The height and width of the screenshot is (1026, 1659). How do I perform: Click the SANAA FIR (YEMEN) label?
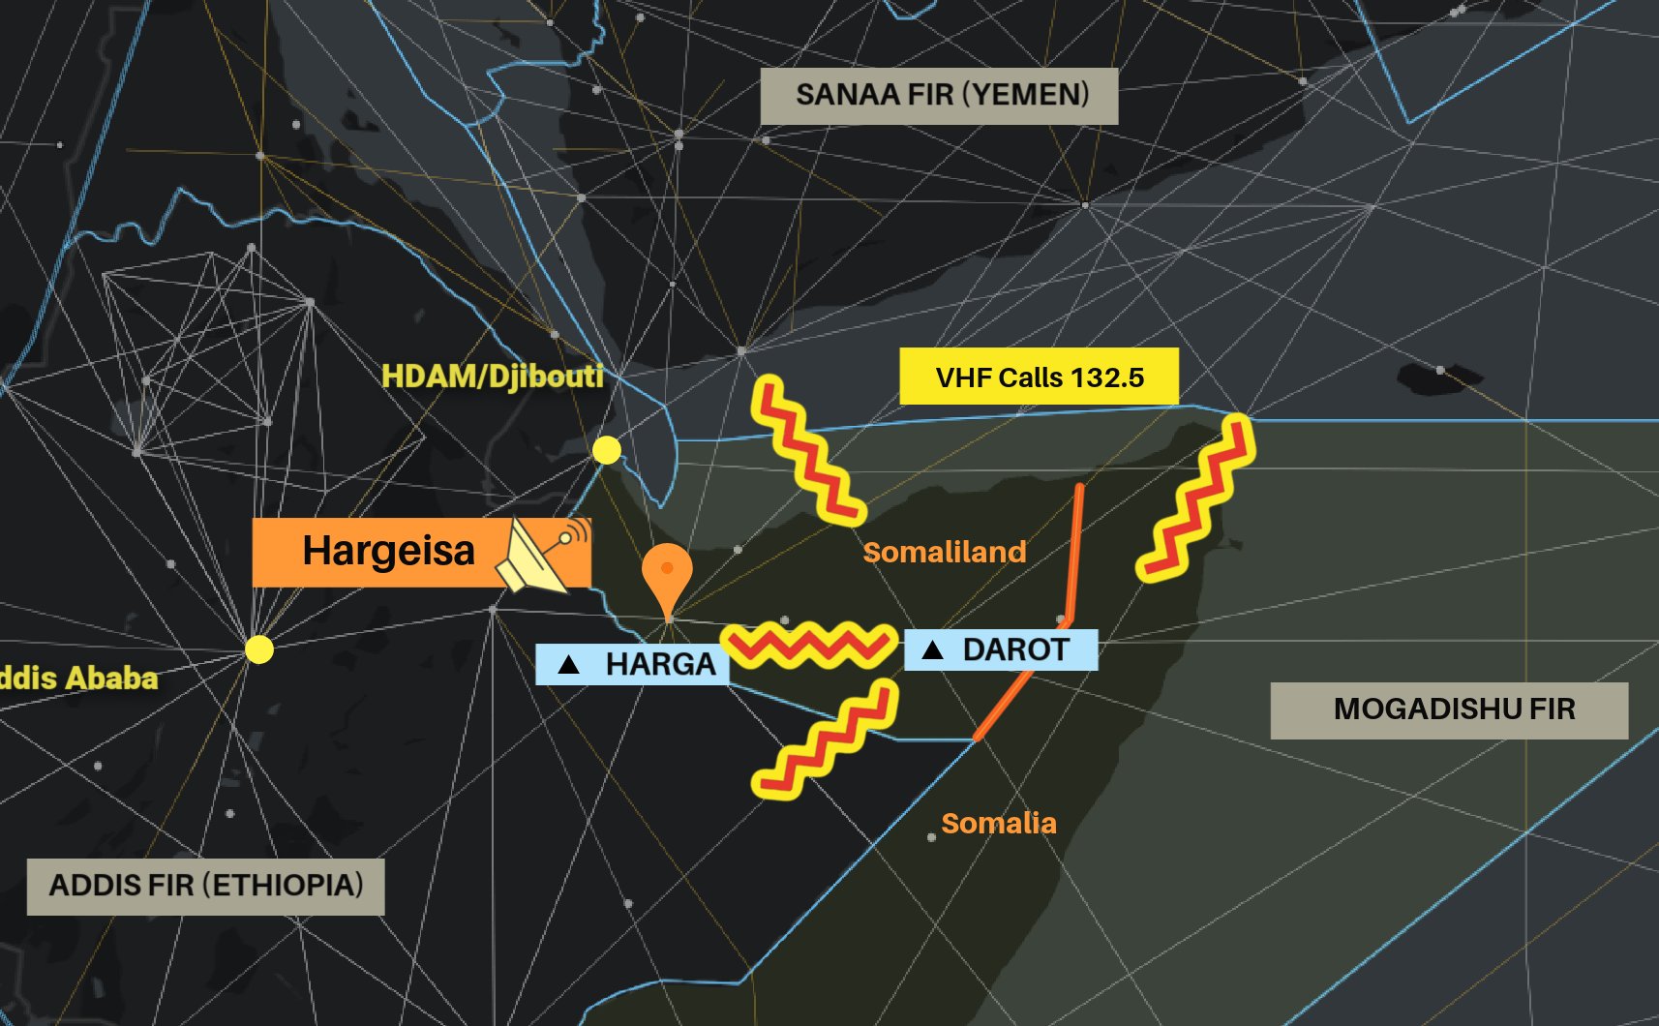point(939,96)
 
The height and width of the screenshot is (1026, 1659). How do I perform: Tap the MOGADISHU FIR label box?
point(1449,709)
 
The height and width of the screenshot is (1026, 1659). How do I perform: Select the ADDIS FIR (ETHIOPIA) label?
point(205,886)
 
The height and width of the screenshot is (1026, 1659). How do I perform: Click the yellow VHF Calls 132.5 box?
point(1039,377)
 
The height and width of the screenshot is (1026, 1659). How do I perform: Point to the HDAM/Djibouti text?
point(493,376)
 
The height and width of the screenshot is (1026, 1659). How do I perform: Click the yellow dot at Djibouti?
point(607,450)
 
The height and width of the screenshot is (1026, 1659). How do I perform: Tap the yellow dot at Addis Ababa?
point(258,649)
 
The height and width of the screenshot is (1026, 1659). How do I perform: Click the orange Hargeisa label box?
point(387,552)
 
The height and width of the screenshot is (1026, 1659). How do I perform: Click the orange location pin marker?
point(667,575)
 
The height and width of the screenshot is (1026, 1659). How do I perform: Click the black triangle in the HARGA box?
point(569,665)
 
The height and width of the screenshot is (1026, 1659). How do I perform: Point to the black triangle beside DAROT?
point(932,649)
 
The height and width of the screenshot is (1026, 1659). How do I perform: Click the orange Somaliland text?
point(944,552)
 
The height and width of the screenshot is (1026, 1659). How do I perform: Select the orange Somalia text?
point(998,823)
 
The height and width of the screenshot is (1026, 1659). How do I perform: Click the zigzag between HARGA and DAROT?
point(809,646)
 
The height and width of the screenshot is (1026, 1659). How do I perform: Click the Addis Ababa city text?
point(77,678)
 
